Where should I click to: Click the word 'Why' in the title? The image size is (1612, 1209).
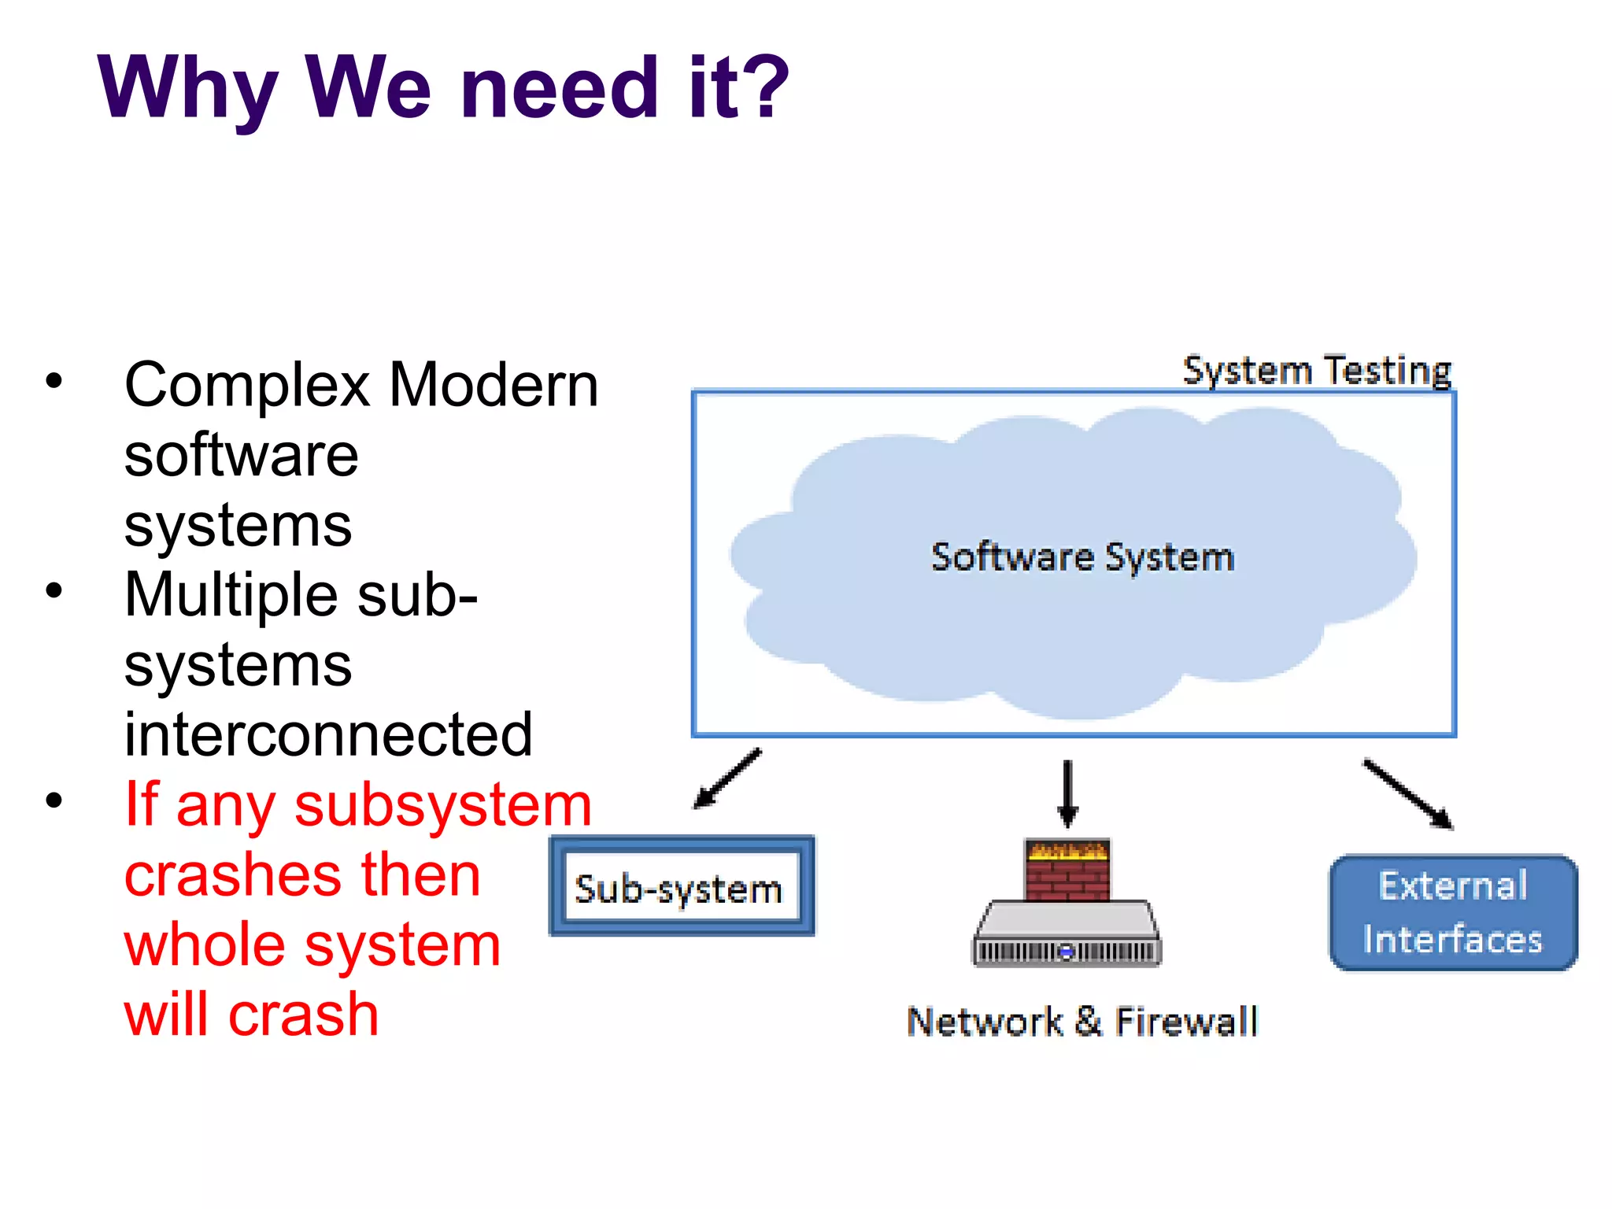(x=187, y=88)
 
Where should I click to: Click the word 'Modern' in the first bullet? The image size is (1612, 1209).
(x=494, y=386)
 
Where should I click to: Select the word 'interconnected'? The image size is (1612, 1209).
(x=328, y=734)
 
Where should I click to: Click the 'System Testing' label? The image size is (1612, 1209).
(x=1317, y=370)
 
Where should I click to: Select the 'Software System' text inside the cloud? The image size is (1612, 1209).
(x=1082, y=557)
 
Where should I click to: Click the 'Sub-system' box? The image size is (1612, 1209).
(x=682, y=887)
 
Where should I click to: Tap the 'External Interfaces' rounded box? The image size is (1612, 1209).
(x=1453, y=913)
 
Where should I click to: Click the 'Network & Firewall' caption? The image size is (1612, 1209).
(x=1082, y=1022)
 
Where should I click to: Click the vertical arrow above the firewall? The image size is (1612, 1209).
(x=1067, y=793)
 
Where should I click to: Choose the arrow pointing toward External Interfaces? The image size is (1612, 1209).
(x=1408, y=793)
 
